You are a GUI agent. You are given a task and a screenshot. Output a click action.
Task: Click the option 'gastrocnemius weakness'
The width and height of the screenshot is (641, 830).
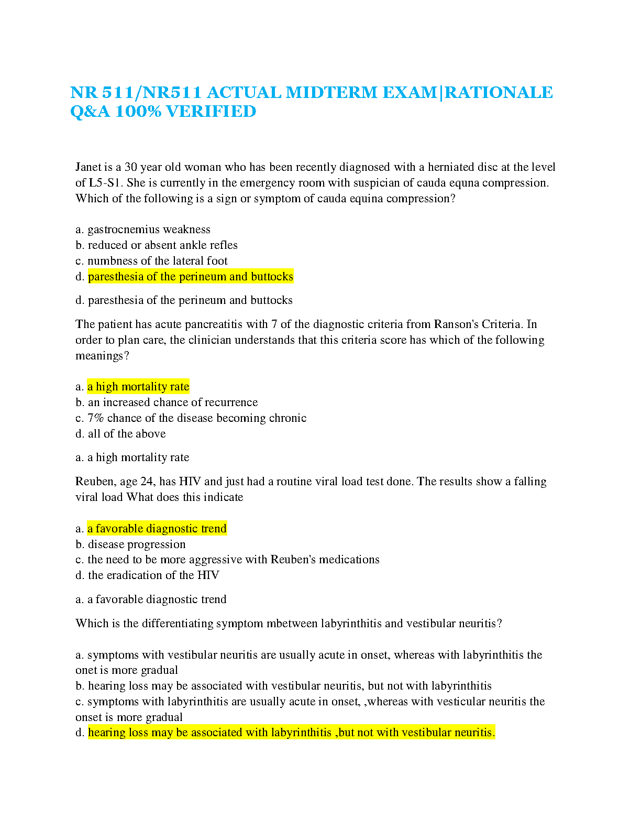[x=149, y=230]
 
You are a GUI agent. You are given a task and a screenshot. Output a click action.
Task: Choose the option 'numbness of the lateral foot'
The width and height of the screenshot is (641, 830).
[x=157, y=261]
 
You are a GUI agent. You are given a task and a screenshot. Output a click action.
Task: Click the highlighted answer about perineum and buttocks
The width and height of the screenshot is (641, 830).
[x=191, y=277]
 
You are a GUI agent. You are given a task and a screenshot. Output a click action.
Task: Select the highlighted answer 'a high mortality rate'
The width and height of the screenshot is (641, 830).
[x=138, y=387]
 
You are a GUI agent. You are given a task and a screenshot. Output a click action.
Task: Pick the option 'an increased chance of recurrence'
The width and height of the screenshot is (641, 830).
[x=173, y=402]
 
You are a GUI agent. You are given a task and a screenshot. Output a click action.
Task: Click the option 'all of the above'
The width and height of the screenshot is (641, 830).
[x=127, y=434]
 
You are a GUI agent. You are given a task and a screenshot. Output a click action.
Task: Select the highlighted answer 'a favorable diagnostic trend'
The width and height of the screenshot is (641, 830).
[x=157, y=529]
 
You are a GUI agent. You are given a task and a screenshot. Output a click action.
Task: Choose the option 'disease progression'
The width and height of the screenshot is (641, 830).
[x=137, y=544]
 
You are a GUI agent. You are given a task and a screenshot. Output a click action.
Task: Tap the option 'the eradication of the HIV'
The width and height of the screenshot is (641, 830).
[x=153, y=575]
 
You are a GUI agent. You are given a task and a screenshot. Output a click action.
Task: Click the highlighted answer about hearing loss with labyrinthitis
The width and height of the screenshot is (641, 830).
[x=291, y=733]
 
